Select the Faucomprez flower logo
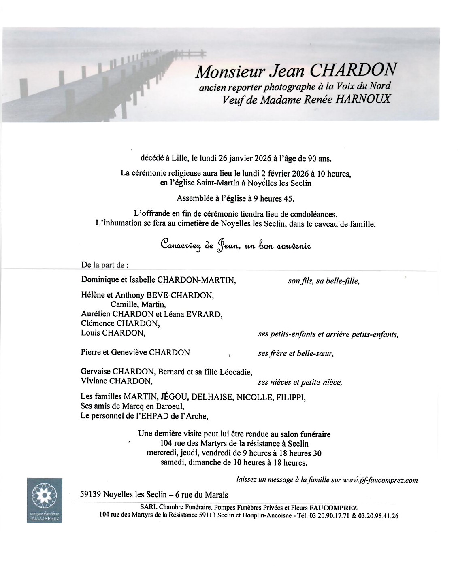point(45,496)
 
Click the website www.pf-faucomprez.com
point(380,480)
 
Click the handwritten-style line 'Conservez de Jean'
point(236,245)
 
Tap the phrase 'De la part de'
point(105,266)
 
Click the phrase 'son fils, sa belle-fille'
point(323,281)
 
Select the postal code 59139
point(90,495)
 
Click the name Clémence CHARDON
point(120,323)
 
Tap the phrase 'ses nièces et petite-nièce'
point(300,382)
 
